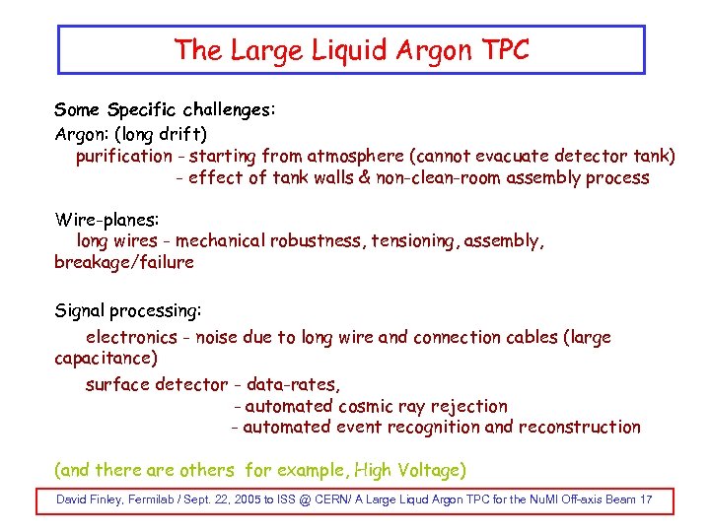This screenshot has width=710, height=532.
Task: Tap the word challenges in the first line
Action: pyautogui.click(x=227, y=109)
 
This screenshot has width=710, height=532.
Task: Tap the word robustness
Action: pyautogui.click(x=319, y=240)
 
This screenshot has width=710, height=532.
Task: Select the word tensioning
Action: pyautogui.click(x=414, y=240)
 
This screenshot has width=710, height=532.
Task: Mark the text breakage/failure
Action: pyautogui.click(x=124, y=262)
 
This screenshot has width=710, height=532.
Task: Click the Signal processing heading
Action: pyautogui.click(x=128, y=311)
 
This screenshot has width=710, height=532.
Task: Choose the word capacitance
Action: pyautogui.click(x=106, y=359)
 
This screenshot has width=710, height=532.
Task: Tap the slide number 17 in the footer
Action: pyautogui.click(x=646, y=500)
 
